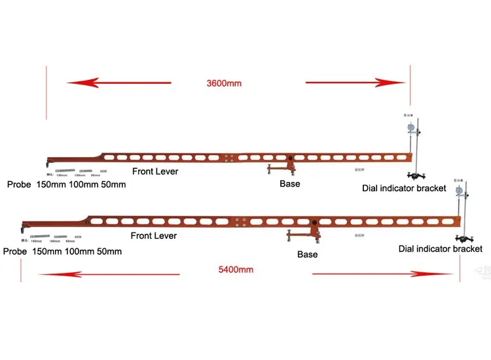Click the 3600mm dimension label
point(224,84)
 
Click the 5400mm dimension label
point(236,269)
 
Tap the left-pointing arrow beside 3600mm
point(118,82)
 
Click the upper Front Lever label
point(155,171)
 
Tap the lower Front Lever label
point(154,235)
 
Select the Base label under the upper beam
point(290,184)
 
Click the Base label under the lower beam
point(307,254)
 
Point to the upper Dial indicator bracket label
point(404,188)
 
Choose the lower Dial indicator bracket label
point(441,249)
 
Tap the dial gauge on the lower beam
point(458,190)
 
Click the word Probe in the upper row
point(20,185)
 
